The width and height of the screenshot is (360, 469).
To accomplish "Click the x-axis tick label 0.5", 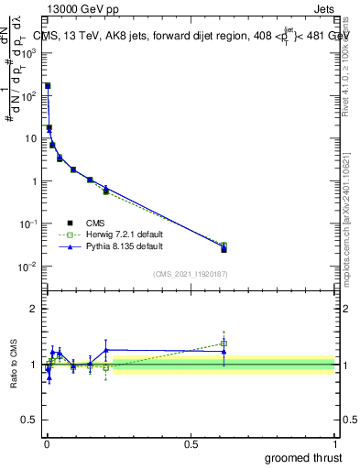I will (x=191, y=444).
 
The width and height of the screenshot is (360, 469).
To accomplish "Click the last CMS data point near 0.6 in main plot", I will (x=224, y=249).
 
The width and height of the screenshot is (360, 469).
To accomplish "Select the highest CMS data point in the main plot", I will (x=48, y=85).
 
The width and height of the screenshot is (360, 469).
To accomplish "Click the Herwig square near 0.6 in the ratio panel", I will (x=224, y=344).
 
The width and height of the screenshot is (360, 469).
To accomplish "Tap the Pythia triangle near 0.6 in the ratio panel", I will (x=224, y=351).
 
